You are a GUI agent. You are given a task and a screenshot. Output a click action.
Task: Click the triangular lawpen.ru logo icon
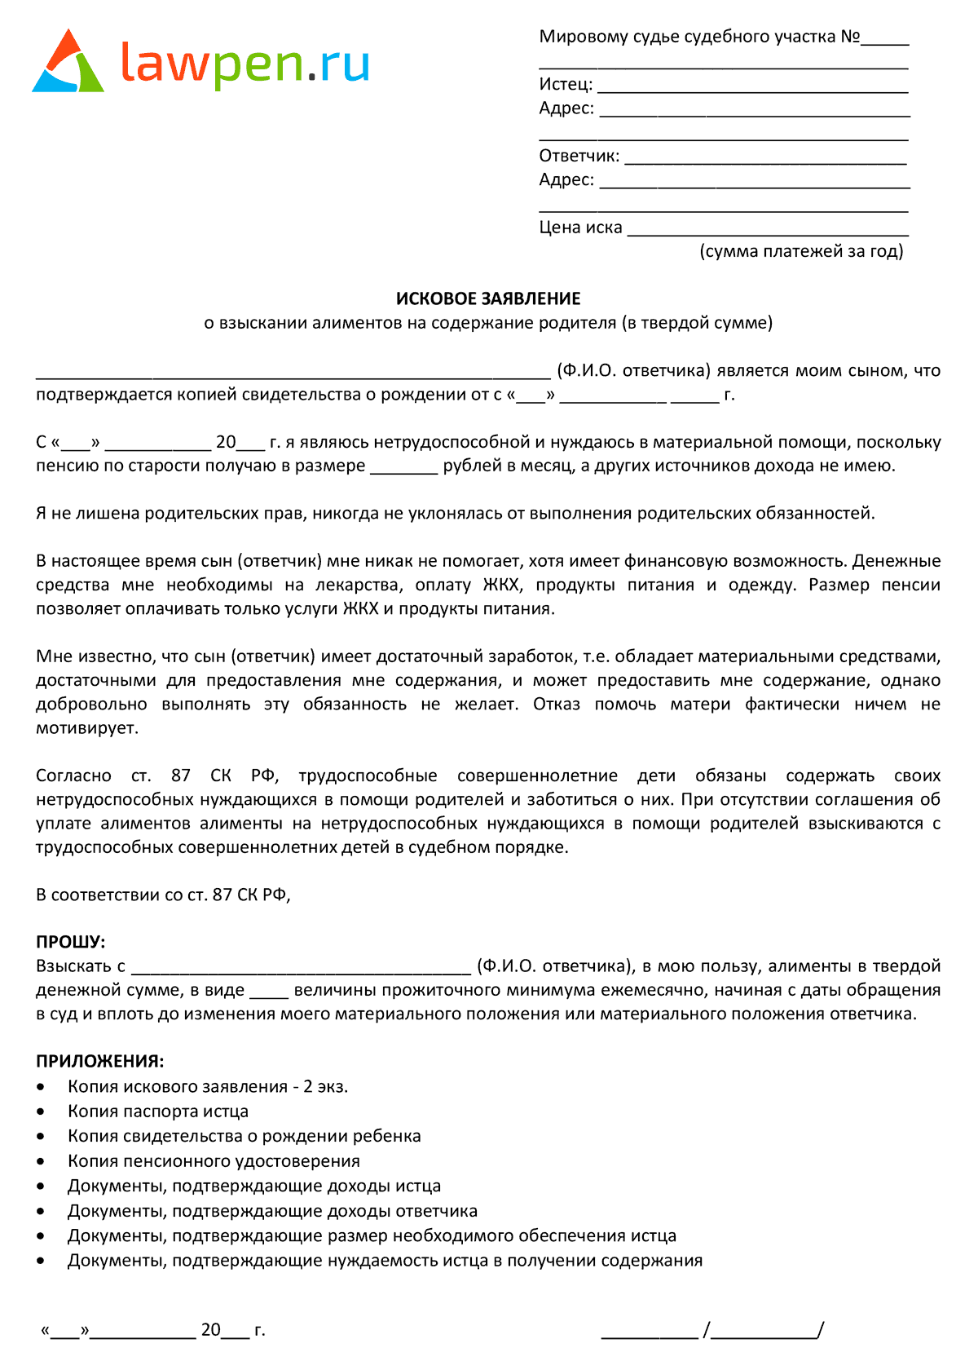[x=68, y=63]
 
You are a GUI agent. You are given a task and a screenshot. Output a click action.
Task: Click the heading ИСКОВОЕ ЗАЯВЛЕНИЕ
[x=488, y=298]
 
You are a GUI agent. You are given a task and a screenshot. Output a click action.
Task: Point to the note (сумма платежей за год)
[x=801, y=251]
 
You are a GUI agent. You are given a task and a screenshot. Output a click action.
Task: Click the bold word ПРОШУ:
[x=71, y=942]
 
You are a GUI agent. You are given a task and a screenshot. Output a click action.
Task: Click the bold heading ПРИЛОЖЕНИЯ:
[x=99, y=1061]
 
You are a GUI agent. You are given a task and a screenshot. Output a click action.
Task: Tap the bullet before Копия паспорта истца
[x=41, y=1111]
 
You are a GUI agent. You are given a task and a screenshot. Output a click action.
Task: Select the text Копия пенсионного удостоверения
[x=214, y=1160]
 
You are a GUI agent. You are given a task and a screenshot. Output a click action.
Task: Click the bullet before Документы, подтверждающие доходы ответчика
[x=41, y=1211]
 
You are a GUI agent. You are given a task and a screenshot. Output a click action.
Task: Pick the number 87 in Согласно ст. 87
[x=180, y=776]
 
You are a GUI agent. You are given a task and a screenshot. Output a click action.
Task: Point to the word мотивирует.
[x=86, y=727]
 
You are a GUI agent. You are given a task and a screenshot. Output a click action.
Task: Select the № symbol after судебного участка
[x=849, y=37]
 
